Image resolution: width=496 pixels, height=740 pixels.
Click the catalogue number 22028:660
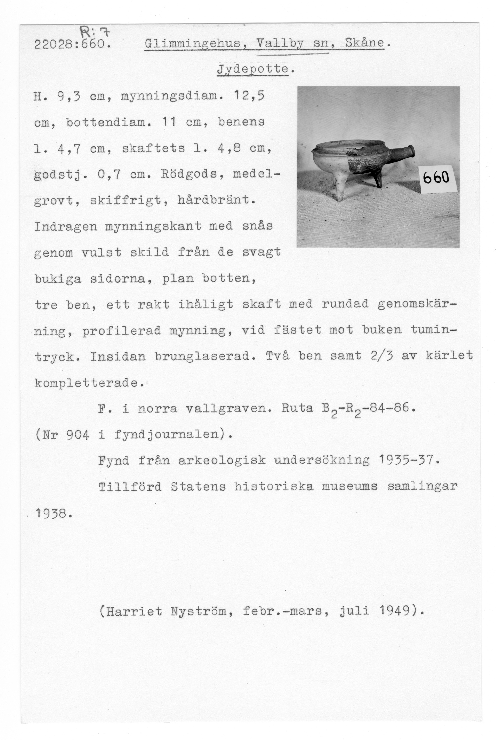pyautogui.click(x=72, y=44)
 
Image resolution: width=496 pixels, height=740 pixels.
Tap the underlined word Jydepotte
pyautogui.click(x=253, y=69)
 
